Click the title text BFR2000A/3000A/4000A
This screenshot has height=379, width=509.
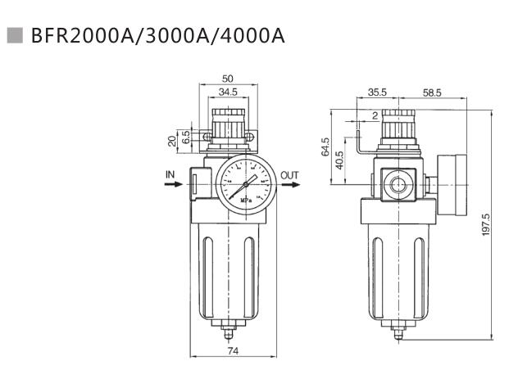coord(157,36)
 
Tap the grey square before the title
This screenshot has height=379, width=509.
coord(14,35)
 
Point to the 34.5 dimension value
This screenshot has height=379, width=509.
coord(228,92)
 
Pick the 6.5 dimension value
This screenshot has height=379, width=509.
coord(186,136)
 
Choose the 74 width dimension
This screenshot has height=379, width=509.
coord(232,351)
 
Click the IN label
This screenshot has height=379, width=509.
coord(170,174)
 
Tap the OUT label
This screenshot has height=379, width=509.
coord(290,174)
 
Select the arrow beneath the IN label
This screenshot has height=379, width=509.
coord(171,185)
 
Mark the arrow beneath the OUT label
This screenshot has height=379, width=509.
coord(289,185)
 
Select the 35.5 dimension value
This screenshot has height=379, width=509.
coord(378,93)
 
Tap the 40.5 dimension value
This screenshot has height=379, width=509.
coord(340,159)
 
